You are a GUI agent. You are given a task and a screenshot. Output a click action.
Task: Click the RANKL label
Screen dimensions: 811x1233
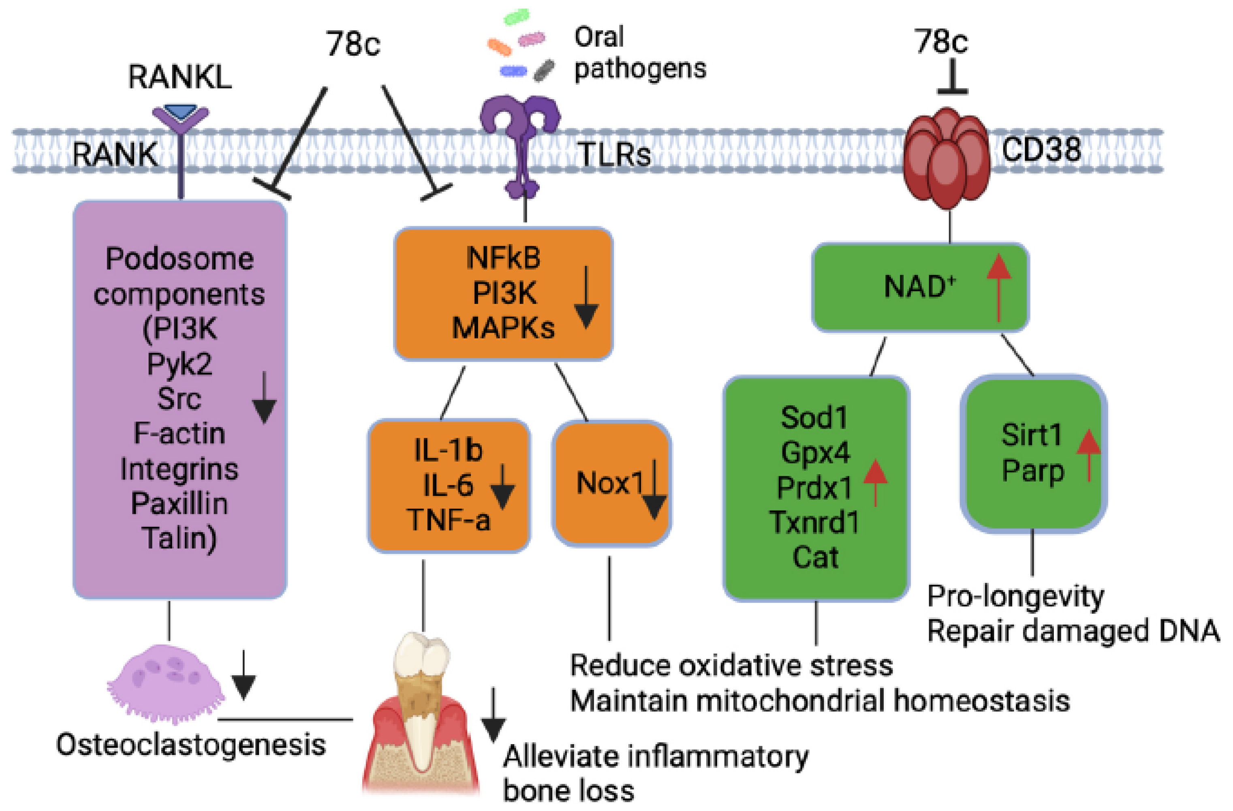pos(180,77)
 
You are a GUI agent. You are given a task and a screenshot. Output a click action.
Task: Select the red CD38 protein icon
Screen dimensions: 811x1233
pos(947,158)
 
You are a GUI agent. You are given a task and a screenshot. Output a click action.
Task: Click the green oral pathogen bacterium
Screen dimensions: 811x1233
pos(517,17)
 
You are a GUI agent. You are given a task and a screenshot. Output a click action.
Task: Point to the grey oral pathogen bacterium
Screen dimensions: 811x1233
pos(544,71)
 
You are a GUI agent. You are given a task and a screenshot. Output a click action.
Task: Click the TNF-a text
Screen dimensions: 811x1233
pos(449,520)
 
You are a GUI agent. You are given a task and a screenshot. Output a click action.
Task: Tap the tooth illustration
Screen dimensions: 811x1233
pos(421,715)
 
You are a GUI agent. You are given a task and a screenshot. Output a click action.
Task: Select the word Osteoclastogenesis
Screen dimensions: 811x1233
pos(191,745)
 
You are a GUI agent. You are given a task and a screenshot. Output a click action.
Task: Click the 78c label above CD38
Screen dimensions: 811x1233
pos(940,41)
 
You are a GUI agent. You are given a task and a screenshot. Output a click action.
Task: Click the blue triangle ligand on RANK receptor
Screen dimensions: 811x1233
pos(180,112)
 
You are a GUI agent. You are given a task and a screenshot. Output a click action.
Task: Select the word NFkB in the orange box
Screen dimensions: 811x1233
pos(503,257)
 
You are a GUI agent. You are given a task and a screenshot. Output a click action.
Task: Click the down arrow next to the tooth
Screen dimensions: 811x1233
pos(493,715)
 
